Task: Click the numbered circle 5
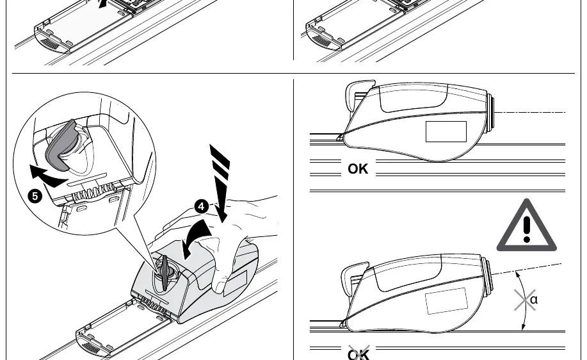pyautogui.click(x=35, y=196)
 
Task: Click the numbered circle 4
pyautogui.click(x=202, y=206)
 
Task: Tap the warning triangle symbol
pyautogui.click(x=526, y=225)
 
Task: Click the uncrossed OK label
pyautogui.click(x=358, y=169)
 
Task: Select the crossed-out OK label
pyautogui.click(x=358, y=353)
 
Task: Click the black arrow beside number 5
pyautogui.click(x=47, y=177)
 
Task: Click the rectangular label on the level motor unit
pyautogui.click(x=446, y=131)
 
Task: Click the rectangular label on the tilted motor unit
pyautogui.click(x=446, y=301)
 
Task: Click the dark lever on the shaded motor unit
pyautogui.click(x=165, y=272)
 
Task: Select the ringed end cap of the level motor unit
pyautogui.click(x=490, y=112)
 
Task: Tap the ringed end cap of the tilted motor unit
pyautogui.click(x=487, y=275)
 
